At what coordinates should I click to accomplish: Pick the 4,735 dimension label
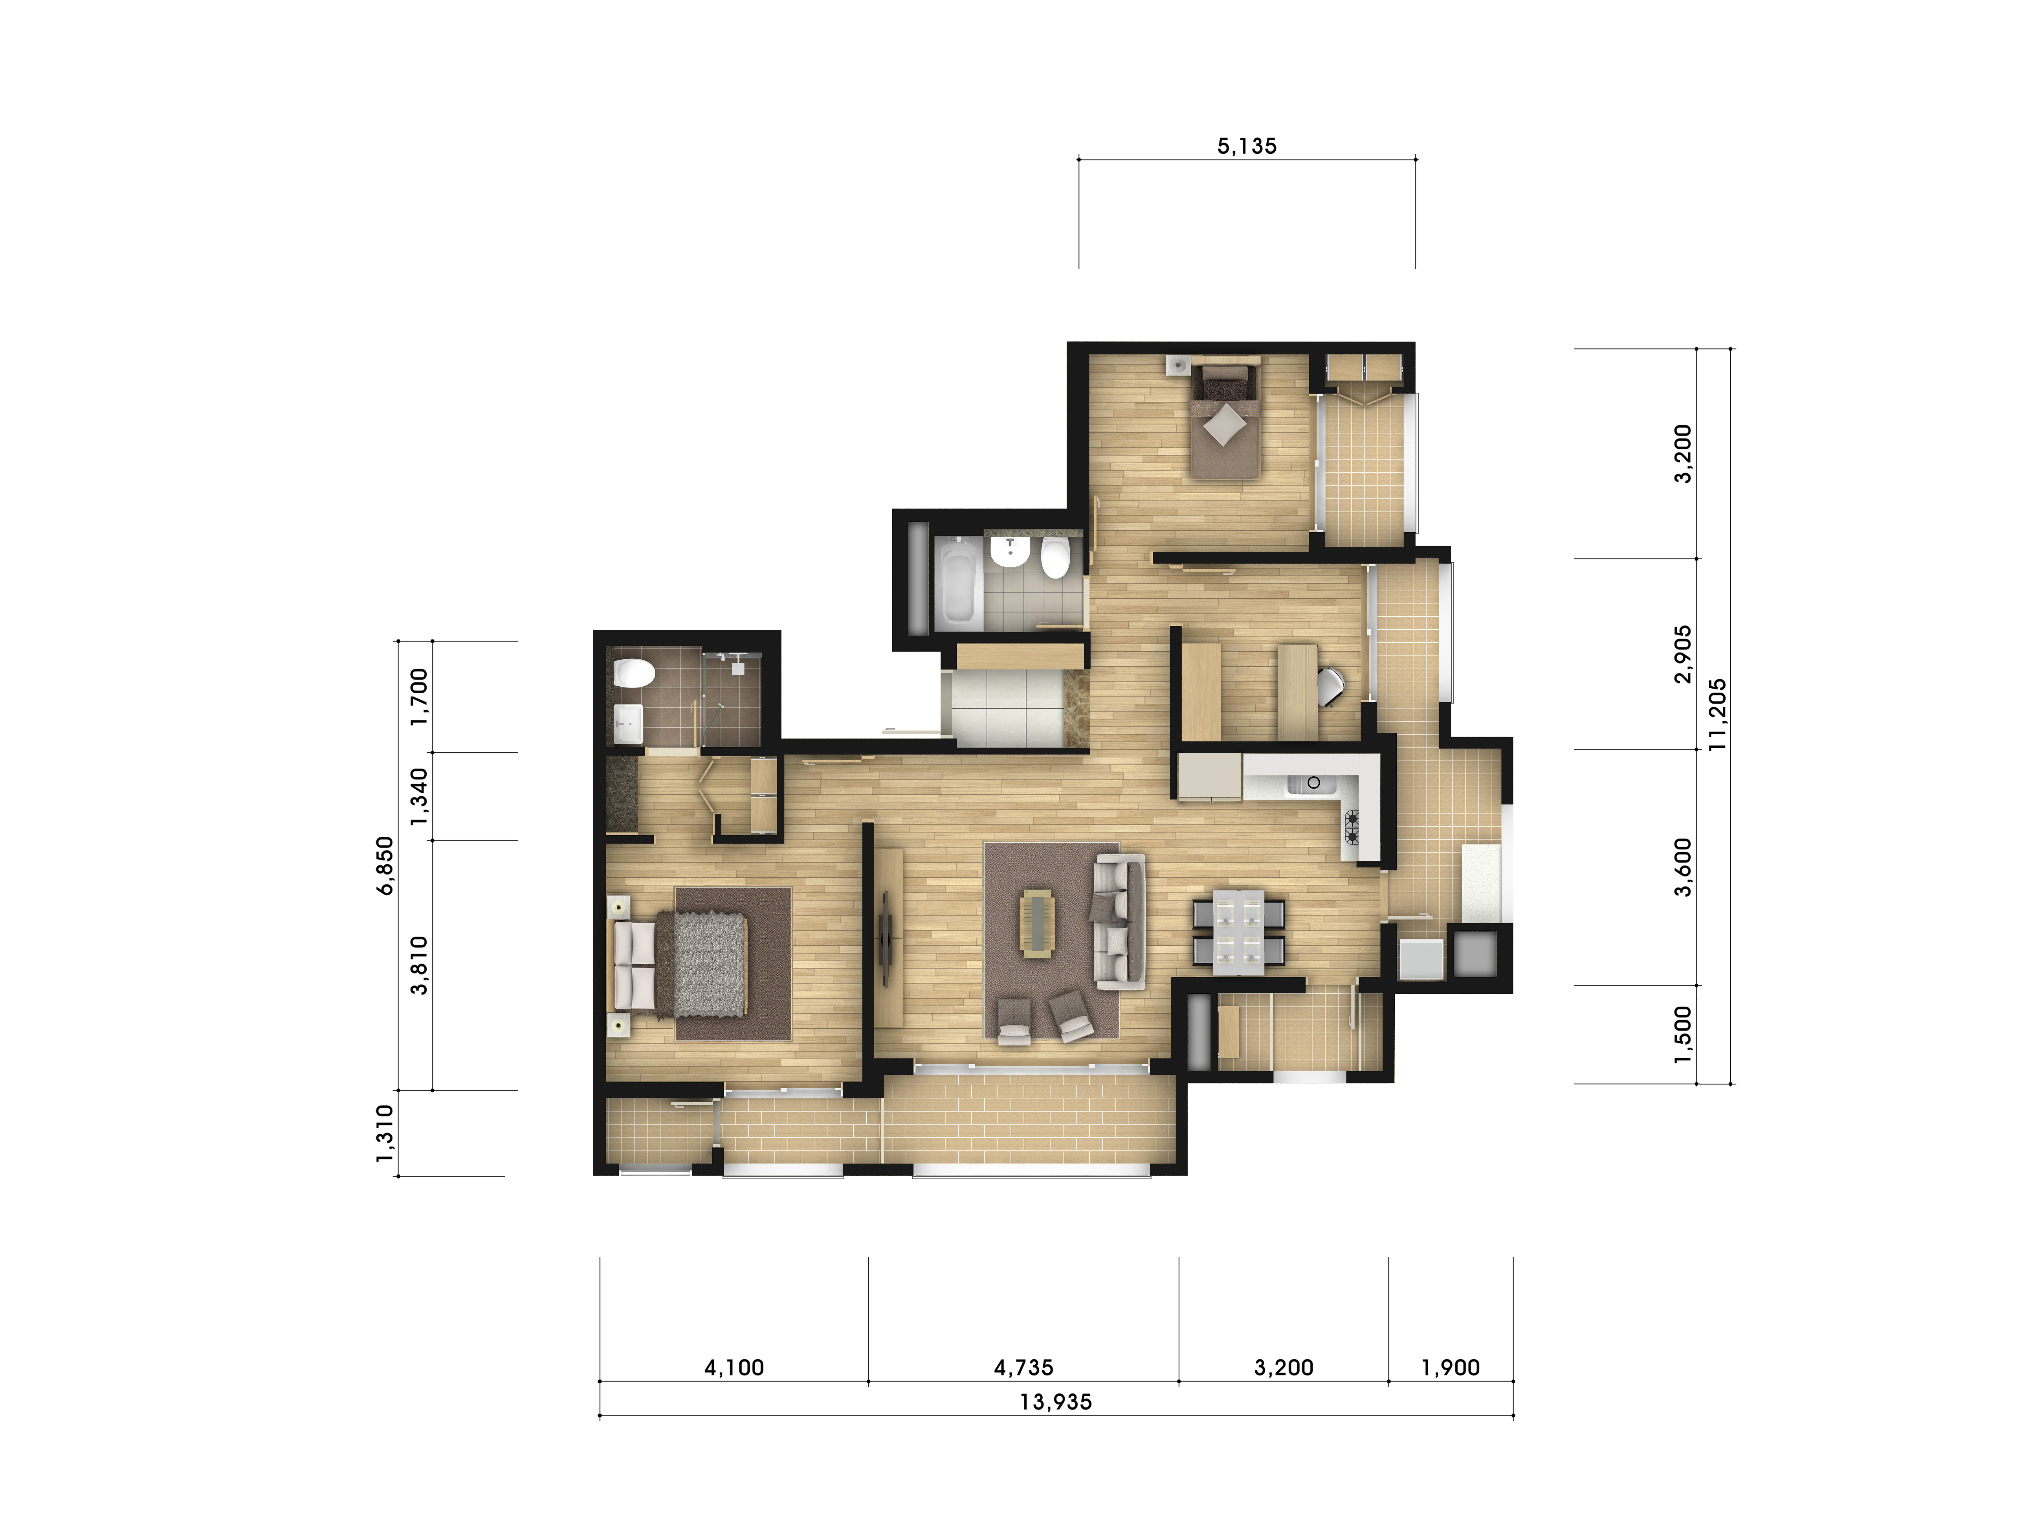click(x=1023, y=1368)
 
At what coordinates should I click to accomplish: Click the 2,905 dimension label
click(x=1683, y=654)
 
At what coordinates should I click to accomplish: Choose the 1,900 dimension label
click(x=1450, y=1368)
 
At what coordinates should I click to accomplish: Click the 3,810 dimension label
click(x=419, y=966)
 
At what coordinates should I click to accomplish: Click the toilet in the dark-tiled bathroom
click(x=635, y=673)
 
